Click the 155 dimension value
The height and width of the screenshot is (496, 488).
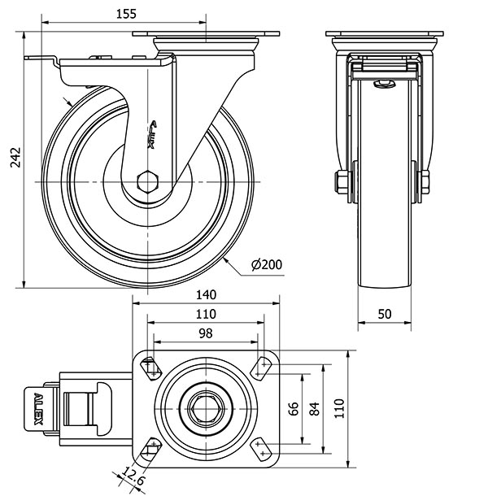(126, 15)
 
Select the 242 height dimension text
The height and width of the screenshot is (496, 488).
(15, 157)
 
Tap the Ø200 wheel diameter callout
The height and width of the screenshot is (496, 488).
(267, 264)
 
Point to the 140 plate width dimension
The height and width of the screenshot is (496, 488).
(206, 295)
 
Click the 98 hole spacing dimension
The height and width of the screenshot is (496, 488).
(206, 333)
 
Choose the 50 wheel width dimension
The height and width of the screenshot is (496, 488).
(385, 314)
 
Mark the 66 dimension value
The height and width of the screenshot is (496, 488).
(294, 409)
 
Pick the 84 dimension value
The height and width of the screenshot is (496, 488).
(315, 409)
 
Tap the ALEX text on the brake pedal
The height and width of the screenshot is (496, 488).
(38, 409)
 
